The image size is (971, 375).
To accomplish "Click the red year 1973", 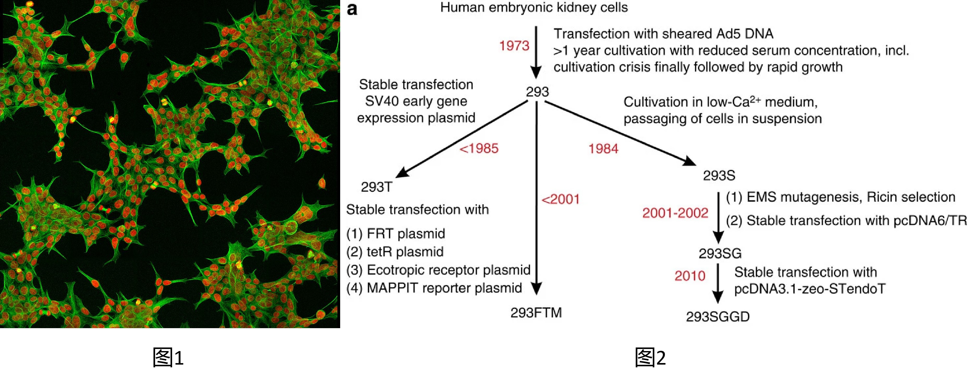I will (514, 46).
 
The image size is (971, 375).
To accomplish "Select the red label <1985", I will (479, 148).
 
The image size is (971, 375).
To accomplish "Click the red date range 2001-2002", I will (675, 213).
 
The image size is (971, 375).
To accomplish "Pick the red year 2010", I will (690, 276).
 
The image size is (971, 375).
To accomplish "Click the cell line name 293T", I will (377, 187).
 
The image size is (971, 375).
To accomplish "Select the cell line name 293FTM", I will (536, 313).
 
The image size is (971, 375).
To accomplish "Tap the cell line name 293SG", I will (720, 254).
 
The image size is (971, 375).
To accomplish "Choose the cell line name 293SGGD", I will (718, 317).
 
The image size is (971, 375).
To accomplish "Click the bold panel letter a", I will (352, 9).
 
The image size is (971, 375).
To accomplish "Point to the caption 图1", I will (168, 357).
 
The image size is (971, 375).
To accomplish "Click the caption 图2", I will (650, 357).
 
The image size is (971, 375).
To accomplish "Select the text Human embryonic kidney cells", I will (534, 8).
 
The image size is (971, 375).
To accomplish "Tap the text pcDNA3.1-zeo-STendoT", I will (810, 289).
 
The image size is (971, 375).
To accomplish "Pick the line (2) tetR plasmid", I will (395, 252).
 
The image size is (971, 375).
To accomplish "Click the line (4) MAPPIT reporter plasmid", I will (434, 288).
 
